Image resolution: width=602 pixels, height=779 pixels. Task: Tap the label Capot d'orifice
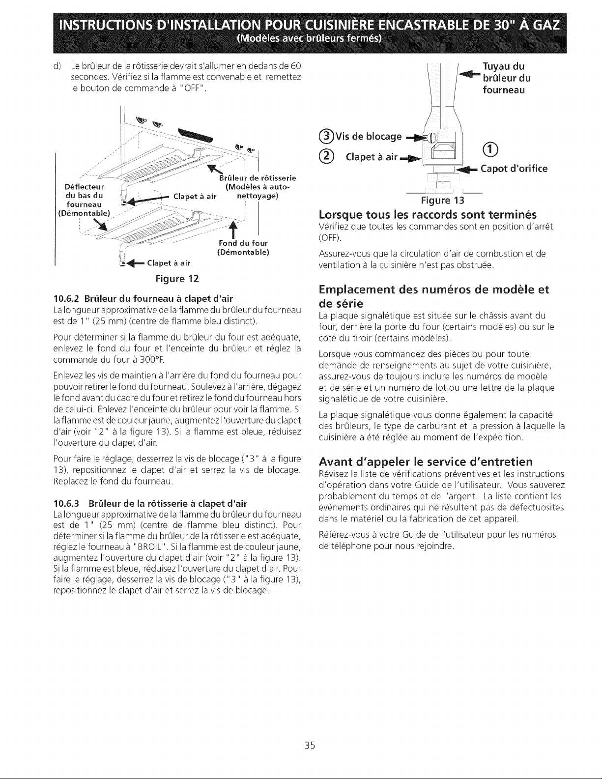click(x=514, y=169)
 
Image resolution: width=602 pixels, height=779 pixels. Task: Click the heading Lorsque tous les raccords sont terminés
click(x=428, y=215)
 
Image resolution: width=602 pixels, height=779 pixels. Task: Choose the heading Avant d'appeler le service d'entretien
click(x=426, y=462)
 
